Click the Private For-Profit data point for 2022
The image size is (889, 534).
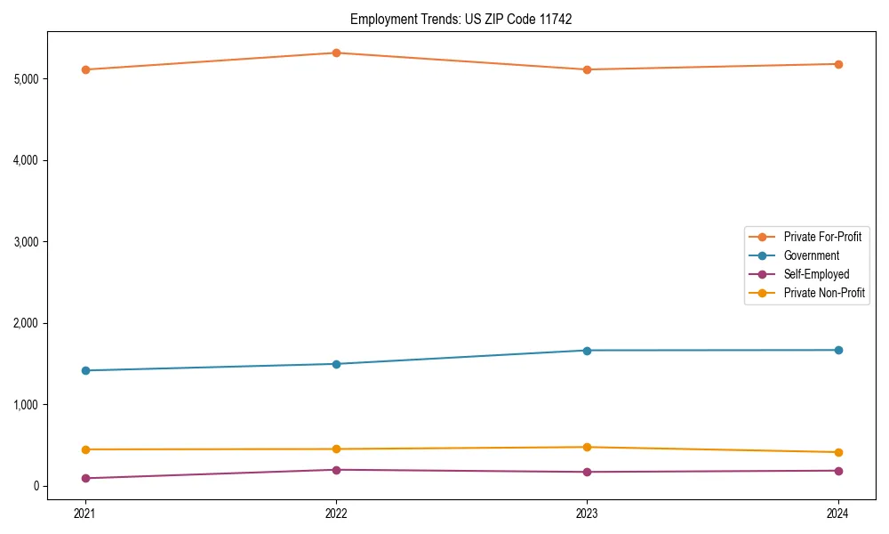[x=336, y=53]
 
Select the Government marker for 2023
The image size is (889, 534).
[x=587, y=351]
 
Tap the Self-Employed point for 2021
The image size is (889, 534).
[x=85, y=479]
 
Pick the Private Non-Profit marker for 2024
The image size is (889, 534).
[x=838, y=452]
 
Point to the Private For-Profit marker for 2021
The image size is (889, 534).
[x=85, y=69]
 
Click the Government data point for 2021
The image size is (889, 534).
[x=85, y=370]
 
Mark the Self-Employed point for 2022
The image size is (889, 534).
[x=336, y=470]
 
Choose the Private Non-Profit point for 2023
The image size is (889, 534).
[x=587, y=447]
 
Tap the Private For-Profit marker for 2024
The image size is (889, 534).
[x=838, y=64]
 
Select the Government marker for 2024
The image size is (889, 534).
[x=838, y=350]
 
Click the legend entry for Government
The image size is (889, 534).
[x=811, y=255]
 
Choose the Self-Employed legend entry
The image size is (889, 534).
[x=816, y=274]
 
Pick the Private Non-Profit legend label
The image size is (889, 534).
[x=824, y=293]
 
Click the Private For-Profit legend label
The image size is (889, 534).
[x=822, y=237]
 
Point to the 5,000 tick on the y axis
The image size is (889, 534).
[x=26, y=79]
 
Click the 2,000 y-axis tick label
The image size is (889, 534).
[x=26, y=323]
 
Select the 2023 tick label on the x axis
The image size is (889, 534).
[x=587, y=513]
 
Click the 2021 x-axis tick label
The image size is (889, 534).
[x=85, y=513]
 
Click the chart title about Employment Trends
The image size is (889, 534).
[x=461, y=19]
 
